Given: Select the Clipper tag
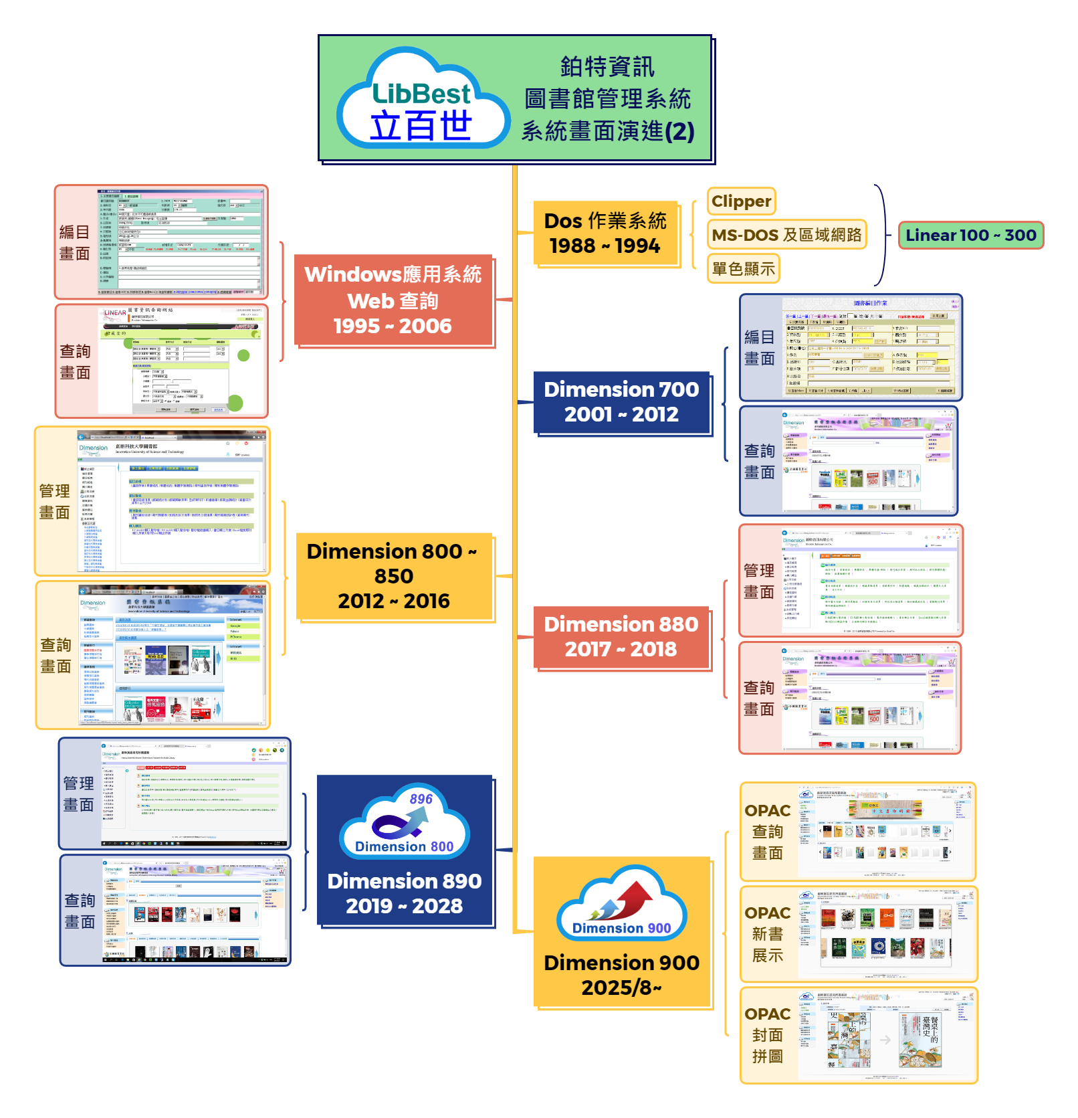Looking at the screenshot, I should pyautogui.click(x=741, y=201).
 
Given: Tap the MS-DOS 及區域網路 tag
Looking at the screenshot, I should pyautogui.click(x=786, y=235).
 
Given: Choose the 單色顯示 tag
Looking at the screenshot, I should pyautogui.click(x=743, y=269).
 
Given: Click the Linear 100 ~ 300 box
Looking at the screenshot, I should pyautogui.click(x=970, y=236).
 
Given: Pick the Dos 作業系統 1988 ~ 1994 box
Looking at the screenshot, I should pyautogui.click(x=605, y=234).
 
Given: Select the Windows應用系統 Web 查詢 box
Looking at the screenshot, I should pyautogui.click(x=393, y=300).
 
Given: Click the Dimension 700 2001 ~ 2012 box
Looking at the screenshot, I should pyautogui.click(x=621, y=402).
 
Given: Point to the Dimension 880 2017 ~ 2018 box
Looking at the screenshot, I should pyautogui.click(x=621, y=637).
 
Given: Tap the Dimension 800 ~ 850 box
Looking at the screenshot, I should pyautogui.click(x=394, y=576).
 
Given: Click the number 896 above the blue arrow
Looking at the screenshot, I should pyautogui.click(x=421, y=799).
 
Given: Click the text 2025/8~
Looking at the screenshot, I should pyautogui.click(x=621, y=988).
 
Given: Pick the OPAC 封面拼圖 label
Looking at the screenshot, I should pyautogui.click(x=768, y=1035).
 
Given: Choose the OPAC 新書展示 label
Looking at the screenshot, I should pyautogui.click(x=768, y=934).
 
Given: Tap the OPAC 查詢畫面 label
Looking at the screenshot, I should pyautogui.click(x=768, y=832).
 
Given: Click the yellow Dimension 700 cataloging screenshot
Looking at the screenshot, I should pyautogui.click(x=870, y=347).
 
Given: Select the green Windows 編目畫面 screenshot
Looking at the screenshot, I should pyautogui.click(x=181, y=242).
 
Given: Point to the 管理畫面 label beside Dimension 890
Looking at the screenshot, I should pyautogui.click(x=79, y=794).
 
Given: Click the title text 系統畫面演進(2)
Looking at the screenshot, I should pyautogui.click(x=607, y=131).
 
